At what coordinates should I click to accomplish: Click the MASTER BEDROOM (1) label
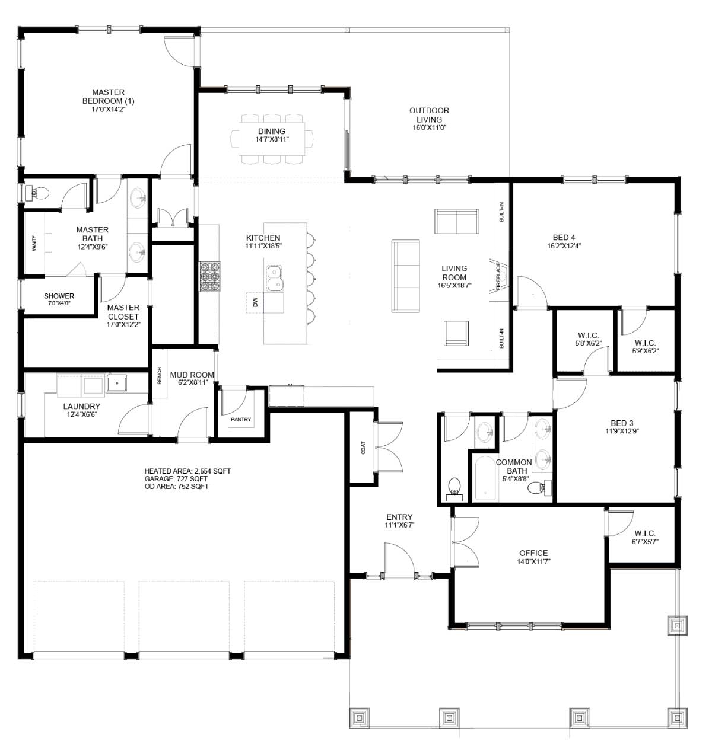(x=109, y=97)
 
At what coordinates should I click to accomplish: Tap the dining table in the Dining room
(x=272, y=138)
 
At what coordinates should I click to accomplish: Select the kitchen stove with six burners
(x=210, y=277)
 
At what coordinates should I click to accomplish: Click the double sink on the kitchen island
(x=275, y=278)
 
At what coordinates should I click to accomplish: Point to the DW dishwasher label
(x=256, y=302)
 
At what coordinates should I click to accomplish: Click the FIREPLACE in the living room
(x=498, y=276)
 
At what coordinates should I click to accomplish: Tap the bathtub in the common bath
(x=485, y=479)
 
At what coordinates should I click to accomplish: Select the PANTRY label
(x=241, y=420)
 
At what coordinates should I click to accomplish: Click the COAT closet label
(x=363, y=448)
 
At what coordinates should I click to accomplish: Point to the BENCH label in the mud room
(x=160, y=375)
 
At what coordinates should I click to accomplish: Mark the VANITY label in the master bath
(x=34, y=244)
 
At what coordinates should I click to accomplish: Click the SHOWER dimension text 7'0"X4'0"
(x=59, y=303)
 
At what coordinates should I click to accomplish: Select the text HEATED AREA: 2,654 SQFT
(x=187, y=471)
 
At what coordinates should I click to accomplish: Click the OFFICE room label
(x=534, y=553)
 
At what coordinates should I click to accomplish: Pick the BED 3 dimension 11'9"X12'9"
(x=622, y=431)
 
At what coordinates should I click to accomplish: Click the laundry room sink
(x=117, y=383)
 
